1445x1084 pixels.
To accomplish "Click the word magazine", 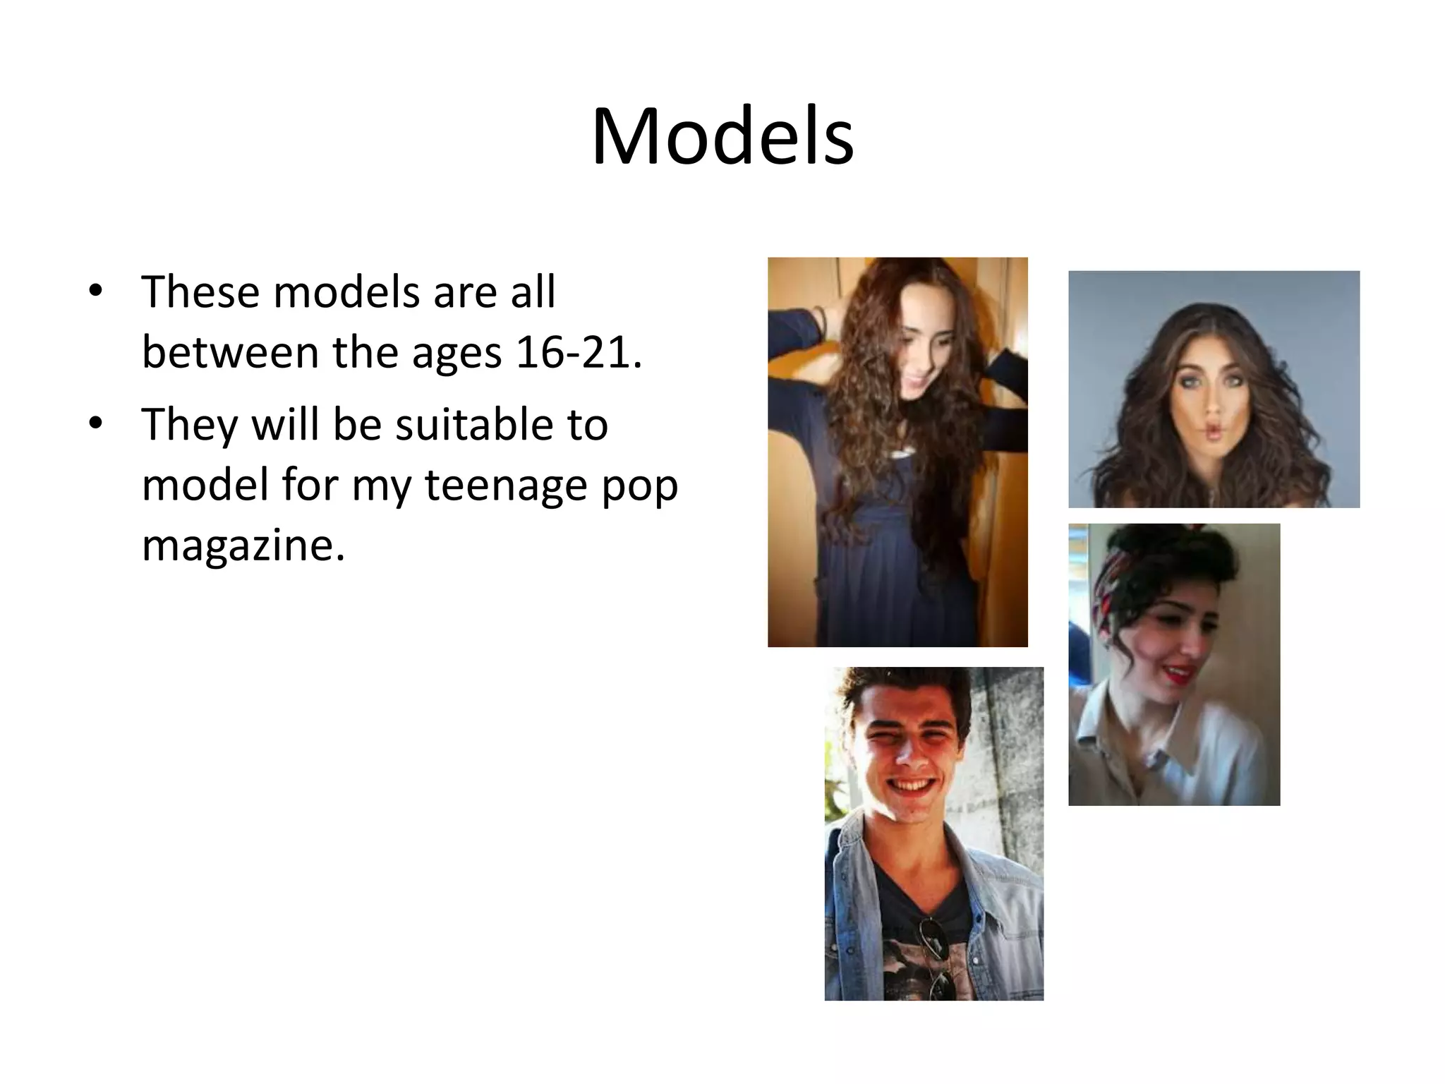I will [x=243, y=546].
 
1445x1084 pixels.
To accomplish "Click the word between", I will [x=230, y=352].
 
